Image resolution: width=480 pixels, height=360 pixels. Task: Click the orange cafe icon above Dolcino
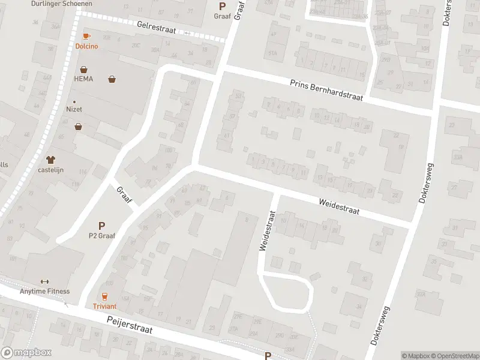coord(86,37)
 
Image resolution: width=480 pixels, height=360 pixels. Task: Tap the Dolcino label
coord(86,46)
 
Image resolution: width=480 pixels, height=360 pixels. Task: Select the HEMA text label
coord(83,79)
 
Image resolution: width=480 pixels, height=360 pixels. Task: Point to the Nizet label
coord(74,109)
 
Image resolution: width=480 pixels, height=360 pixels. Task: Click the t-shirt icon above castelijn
coord(50,160)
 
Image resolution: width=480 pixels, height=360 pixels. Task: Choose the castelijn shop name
coord(50,170)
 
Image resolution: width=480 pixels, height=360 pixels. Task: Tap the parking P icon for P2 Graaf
coord(101,226)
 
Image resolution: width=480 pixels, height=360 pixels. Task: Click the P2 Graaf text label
coord(101,235)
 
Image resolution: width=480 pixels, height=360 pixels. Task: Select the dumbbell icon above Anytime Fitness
coord(44,282)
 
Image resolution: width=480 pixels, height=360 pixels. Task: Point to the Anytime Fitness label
coord(44,292)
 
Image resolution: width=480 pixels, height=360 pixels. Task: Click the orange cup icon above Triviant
coord(104,296)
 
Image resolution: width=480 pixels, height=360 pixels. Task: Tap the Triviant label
coord(104,306)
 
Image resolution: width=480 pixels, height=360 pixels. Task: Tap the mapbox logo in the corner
coord(26,353)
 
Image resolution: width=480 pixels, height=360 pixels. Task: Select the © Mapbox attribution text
coord(415,356)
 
